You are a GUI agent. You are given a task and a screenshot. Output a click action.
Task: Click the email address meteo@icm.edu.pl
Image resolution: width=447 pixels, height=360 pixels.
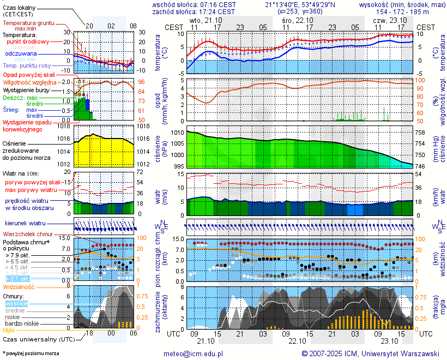pyautogui.click(x=194, y=353)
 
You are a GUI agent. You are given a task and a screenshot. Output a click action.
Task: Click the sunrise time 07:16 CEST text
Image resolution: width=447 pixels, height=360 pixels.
pyautogui.click(x=216, y=4)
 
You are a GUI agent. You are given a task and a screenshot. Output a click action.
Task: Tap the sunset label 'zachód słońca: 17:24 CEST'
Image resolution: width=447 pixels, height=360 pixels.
pyautogui.click(x=194, y=11)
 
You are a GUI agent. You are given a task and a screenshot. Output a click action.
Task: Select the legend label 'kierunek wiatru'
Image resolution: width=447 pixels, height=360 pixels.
pyautogui.click(x=25, y=224)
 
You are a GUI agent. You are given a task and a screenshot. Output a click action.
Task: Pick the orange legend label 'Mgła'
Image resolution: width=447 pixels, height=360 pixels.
pyautogui.click(x=9, y=330)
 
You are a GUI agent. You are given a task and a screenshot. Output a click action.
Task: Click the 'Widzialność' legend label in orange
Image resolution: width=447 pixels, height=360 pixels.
pyautogui.click(x=19, y=286)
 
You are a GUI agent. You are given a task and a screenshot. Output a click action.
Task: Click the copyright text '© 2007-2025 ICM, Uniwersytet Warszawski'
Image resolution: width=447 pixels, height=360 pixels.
pyautogui.click(x=370, y=353)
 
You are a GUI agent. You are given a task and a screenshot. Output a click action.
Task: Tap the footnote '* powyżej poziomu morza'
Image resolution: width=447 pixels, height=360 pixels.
pyautogui.click(x=31, y=353)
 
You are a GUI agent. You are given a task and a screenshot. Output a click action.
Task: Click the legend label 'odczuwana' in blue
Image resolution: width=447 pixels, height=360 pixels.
pyautogui.click(x=21, y=54)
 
